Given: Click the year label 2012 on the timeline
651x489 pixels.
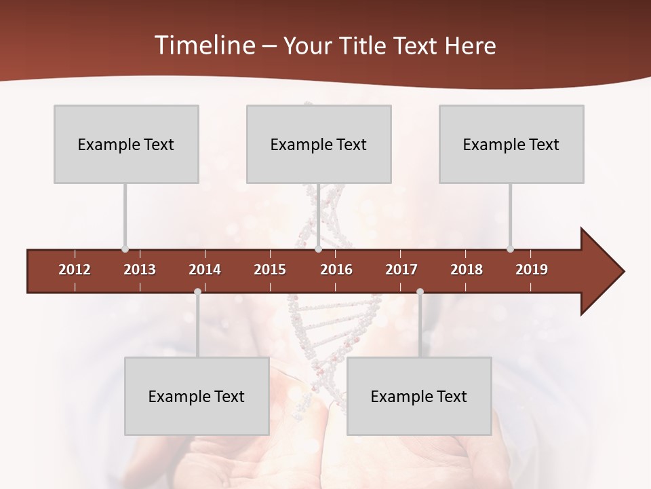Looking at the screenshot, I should (75, 270).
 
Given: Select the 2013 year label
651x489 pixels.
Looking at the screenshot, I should (140, 270).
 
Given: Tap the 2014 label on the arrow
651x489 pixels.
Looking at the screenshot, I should (205, 270).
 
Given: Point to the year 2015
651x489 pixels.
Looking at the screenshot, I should (270, 270).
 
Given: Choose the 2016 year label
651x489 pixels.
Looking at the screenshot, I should (336, 270).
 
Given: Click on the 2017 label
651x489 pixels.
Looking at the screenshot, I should (401, 270).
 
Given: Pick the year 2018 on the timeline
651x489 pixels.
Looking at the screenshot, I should (467, 270).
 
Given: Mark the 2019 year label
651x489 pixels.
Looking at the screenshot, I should (532, 270).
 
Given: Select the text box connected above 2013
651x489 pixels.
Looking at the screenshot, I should (126, 144).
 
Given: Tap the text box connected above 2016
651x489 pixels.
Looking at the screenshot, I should (319, 144).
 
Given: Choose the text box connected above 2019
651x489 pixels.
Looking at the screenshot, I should (511, 144).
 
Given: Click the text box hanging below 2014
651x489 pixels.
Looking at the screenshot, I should (197, 396).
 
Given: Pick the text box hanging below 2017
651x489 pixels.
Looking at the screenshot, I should (419, 396).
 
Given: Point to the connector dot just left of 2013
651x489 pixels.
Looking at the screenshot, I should (125, 249).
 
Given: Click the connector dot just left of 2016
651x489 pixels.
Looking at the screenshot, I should (318, 249).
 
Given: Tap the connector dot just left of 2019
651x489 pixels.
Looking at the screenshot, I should (510, 249).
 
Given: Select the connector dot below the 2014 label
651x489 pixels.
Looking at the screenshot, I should (197, 292).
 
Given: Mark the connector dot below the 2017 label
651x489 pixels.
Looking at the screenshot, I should (420, 292).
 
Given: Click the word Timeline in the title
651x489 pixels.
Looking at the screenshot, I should (203, 46).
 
